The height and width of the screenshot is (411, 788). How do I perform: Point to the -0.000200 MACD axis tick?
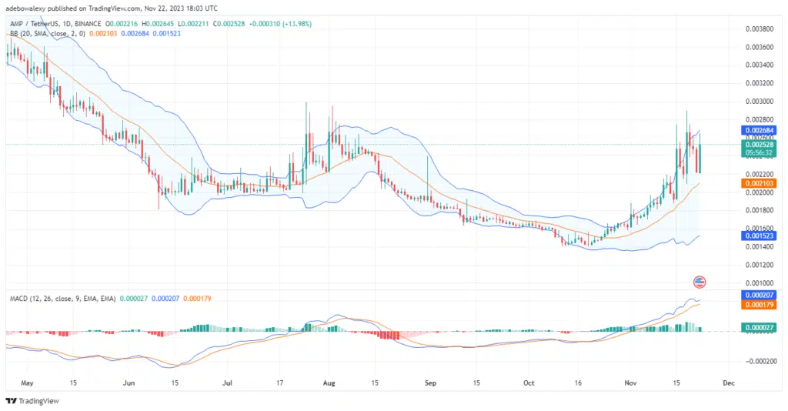point(758,360)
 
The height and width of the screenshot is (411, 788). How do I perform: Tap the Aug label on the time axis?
point(329,382)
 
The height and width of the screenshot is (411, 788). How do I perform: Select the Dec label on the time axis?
point(729,382)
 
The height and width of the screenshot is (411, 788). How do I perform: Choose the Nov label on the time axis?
point(629,382)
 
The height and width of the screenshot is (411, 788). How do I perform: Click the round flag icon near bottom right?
point(700,282)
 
